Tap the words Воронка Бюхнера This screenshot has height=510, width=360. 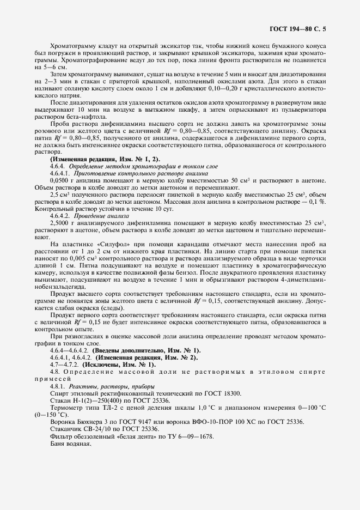(77, 422)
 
